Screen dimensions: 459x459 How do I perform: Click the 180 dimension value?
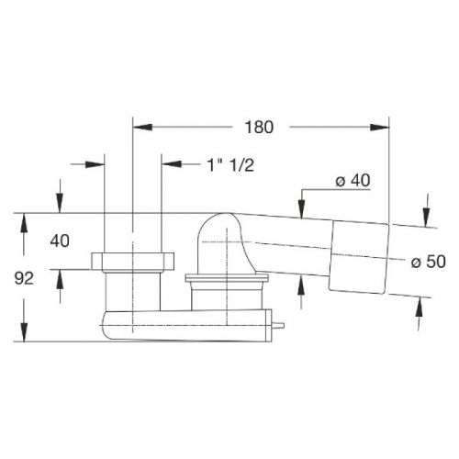click(x=259, y=127)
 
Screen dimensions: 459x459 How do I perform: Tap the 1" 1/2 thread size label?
click(x=230, y=165)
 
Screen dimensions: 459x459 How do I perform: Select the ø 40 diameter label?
click(x=353, y=180)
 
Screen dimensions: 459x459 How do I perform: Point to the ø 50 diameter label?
click(x=428, y=262)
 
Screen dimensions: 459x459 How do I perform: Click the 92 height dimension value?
click(x=24, y=278)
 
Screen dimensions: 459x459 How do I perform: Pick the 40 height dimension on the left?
click(x=60, y=241)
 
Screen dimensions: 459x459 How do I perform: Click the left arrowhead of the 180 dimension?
click(x=142, y=127)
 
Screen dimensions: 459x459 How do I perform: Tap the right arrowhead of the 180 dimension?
click(x=379, y=127)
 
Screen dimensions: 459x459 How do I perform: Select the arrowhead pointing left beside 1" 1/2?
click(x=172, y=164)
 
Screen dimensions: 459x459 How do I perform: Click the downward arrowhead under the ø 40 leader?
click(x=302, y=209)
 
